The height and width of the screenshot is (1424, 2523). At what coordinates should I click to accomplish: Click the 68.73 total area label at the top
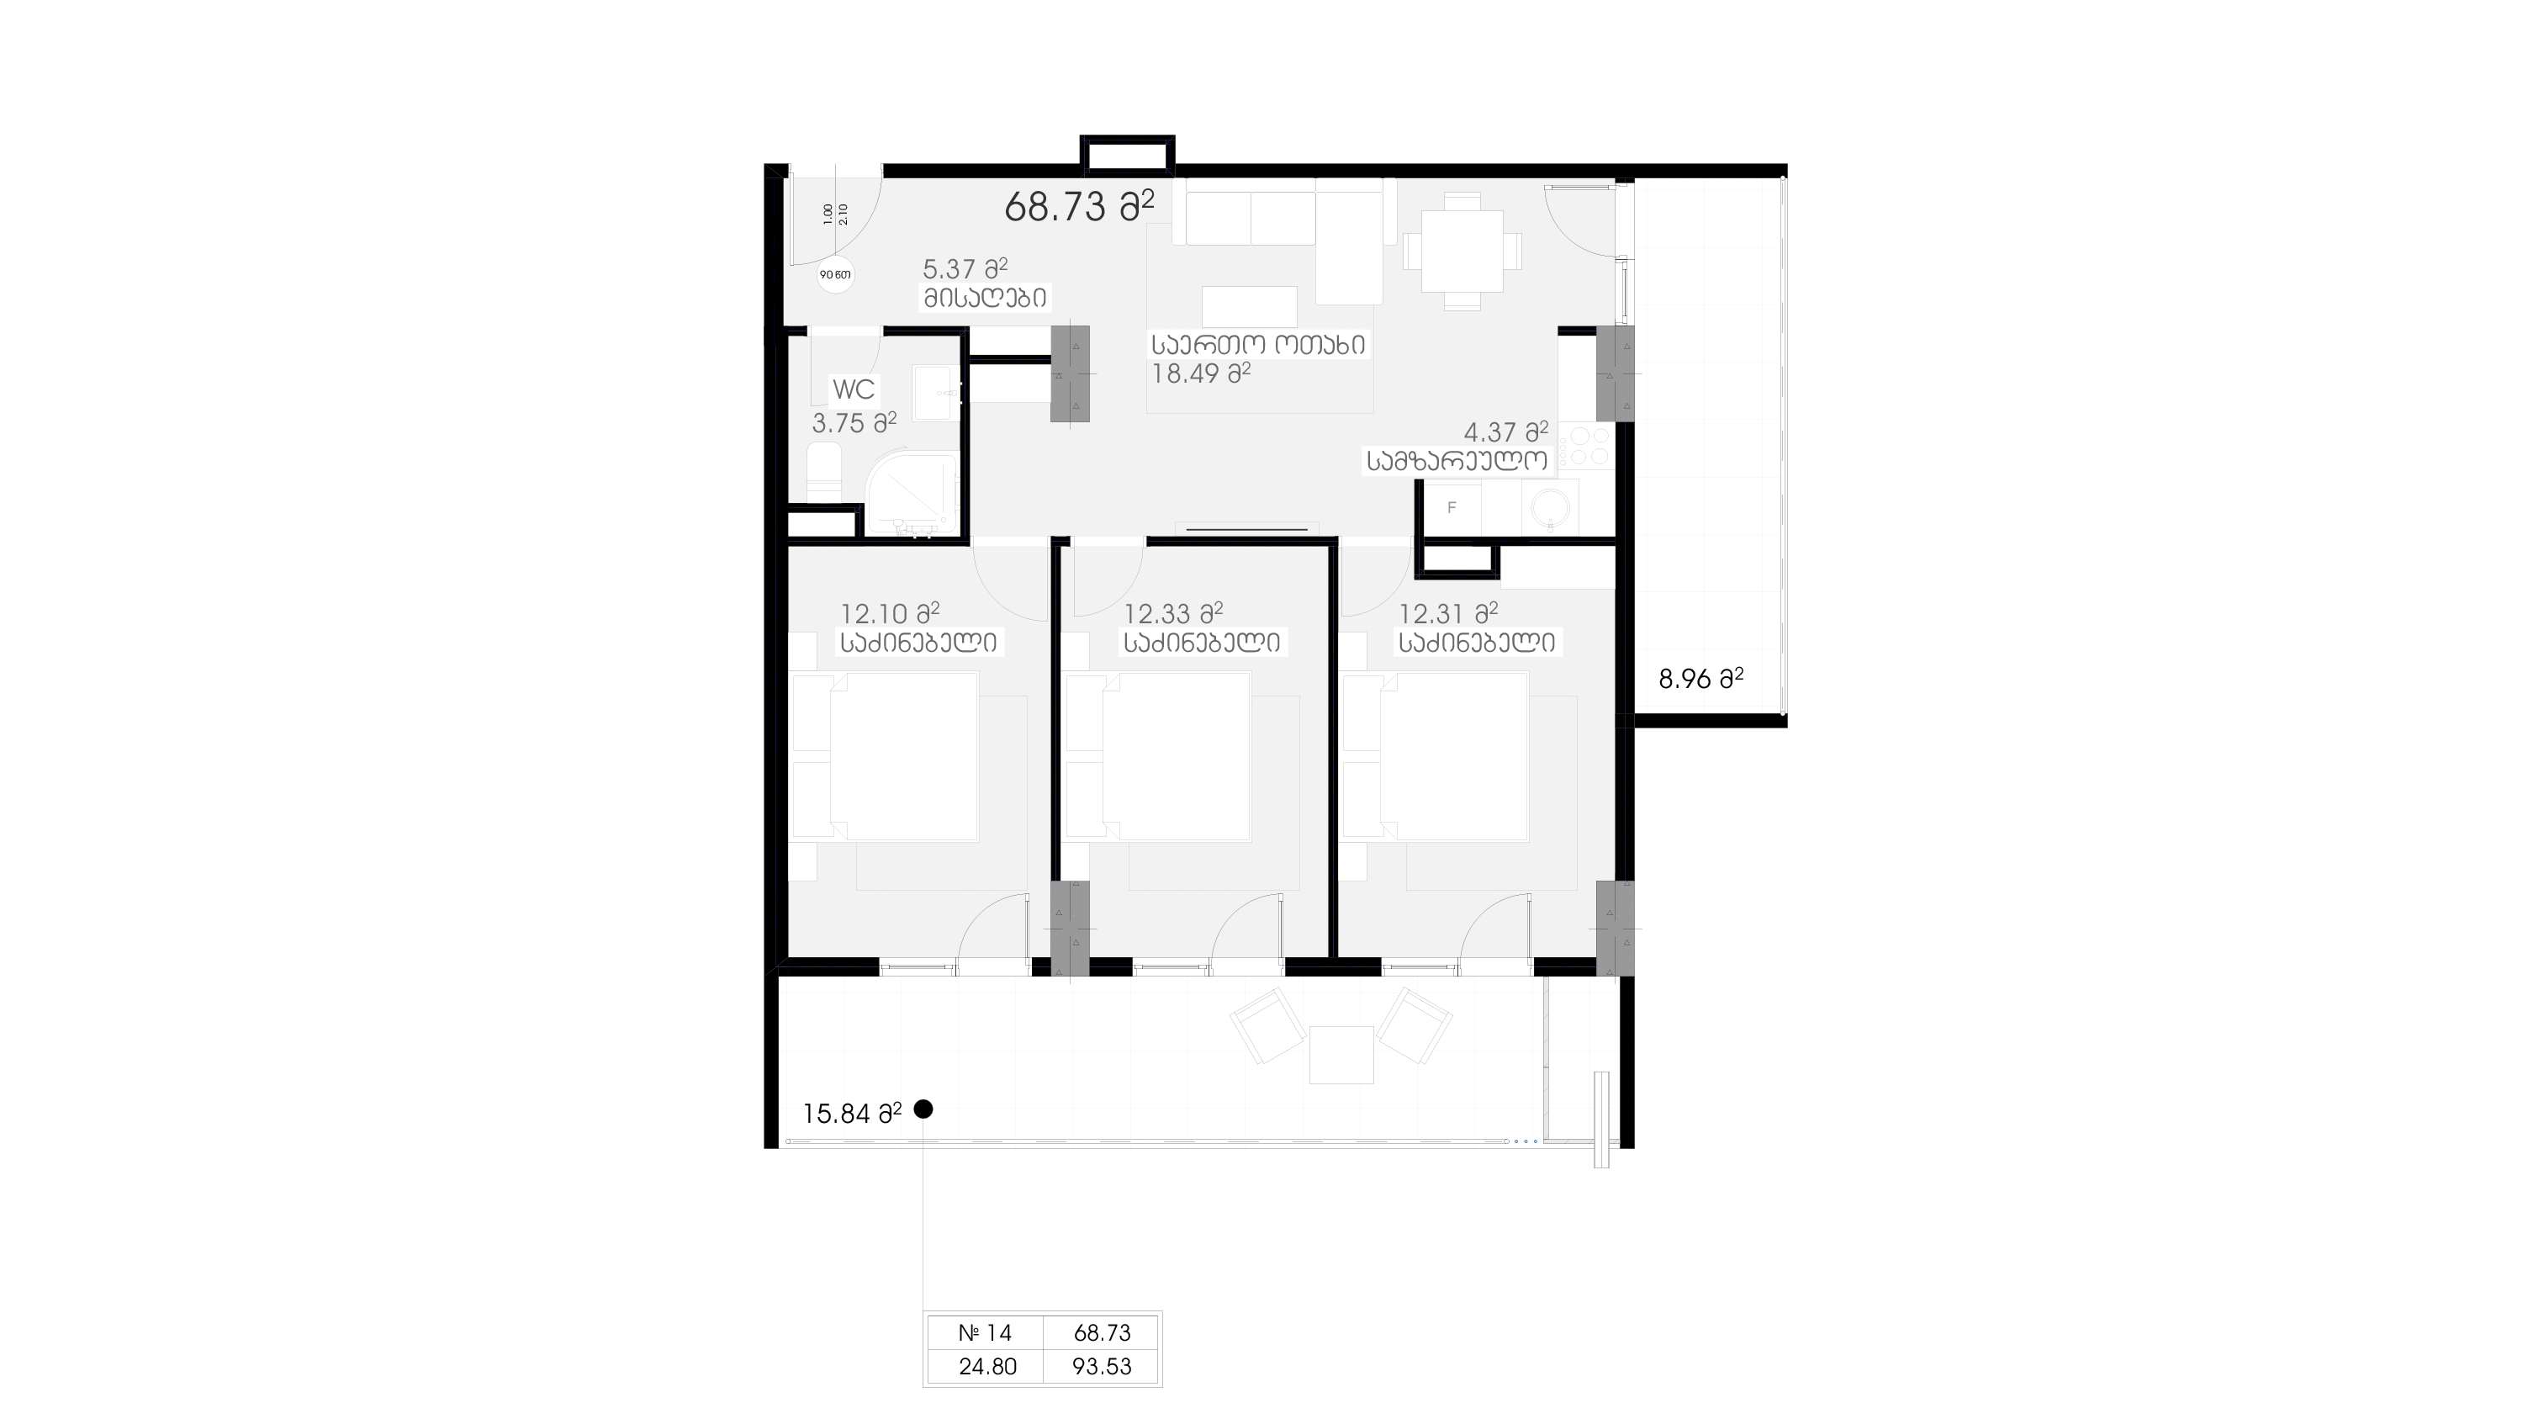pyautogui.click(x=1078, y=207)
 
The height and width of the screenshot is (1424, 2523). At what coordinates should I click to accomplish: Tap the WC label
pyautogui.click(x=853, y=389)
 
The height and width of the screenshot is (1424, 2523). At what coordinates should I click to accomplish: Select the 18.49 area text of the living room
pyautogui.click(x=1201, y=373)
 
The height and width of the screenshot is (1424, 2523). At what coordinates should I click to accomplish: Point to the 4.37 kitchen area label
pyautogui.click(x=1505, y=431)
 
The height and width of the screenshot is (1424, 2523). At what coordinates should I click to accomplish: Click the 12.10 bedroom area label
pyautogui.click(x=889, y=614)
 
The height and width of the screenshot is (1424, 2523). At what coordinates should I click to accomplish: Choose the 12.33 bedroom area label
pyautogui.click(x=1172, y=614)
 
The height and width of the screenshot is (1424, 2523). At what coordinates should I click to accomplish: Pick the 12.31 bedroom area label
pyautogui.click(x=1447, y=614)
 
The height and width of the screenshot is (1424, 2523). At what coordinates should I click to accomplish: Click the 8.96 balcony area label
pyautogui.click(x=1701, y=679)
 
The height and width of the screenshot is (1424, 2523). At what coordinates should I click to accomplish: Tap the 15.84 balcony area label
pyautogui.click(x=852, y=1114)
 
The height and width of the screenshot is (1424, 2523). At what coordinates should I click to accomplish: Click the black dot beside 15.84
pyautogui.click(x=923, y=1109)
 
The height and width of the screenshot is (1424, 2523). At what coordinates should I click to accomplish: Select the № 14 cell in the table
pyautogui.click(x=986, y=1333)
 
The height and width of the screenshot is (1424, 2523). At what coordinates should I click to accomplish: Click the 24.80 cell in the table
pyautogui.click(x=986, y=1366)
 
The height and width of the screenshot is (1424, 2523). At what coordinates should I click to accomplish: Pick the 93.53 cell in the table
pyautogui.click(x=1102, y=1366)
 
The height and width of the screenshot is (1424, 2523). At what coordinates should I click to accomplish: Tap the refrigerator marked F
pyautogui.click(x=1452, y=508)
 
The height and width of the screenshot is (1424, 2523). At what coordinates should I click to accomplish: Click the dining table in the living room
pyautogui.click(x=1462, y=251)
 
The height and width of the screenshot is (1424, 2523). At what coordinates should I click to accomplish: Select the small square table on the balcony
pyautogui.click(x=1341, y=1055)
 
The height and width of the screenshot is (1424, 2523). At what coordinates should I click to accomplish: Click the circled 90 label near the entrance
pyautogui.click(x=835, y=275)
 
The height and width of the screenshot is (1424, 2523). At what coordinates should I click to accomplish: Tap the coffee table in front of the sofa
pyautogui.click(x=1250, y=306)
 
